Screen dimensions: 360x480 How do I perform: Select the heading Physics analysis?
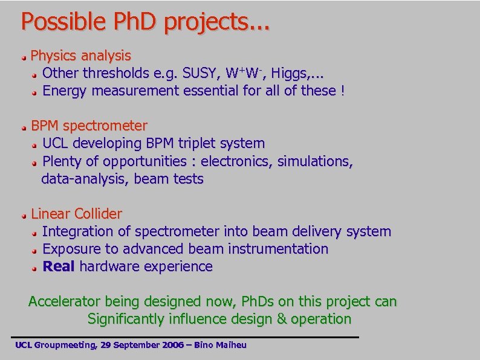point(80,56)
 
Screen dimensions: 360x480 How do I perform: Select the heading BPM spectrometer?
point(89,126)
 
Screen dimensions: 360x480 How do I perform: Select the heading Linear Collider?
point(76,214)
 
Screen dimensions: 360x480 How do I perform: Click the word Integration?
point(78,231)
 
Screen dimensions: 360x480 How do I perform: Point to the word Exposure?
point(72,249)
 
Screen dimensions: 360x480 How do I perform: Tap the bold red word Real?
point(58,266)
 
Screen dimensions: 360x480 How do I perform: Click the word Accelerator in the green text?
point(65,301)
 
